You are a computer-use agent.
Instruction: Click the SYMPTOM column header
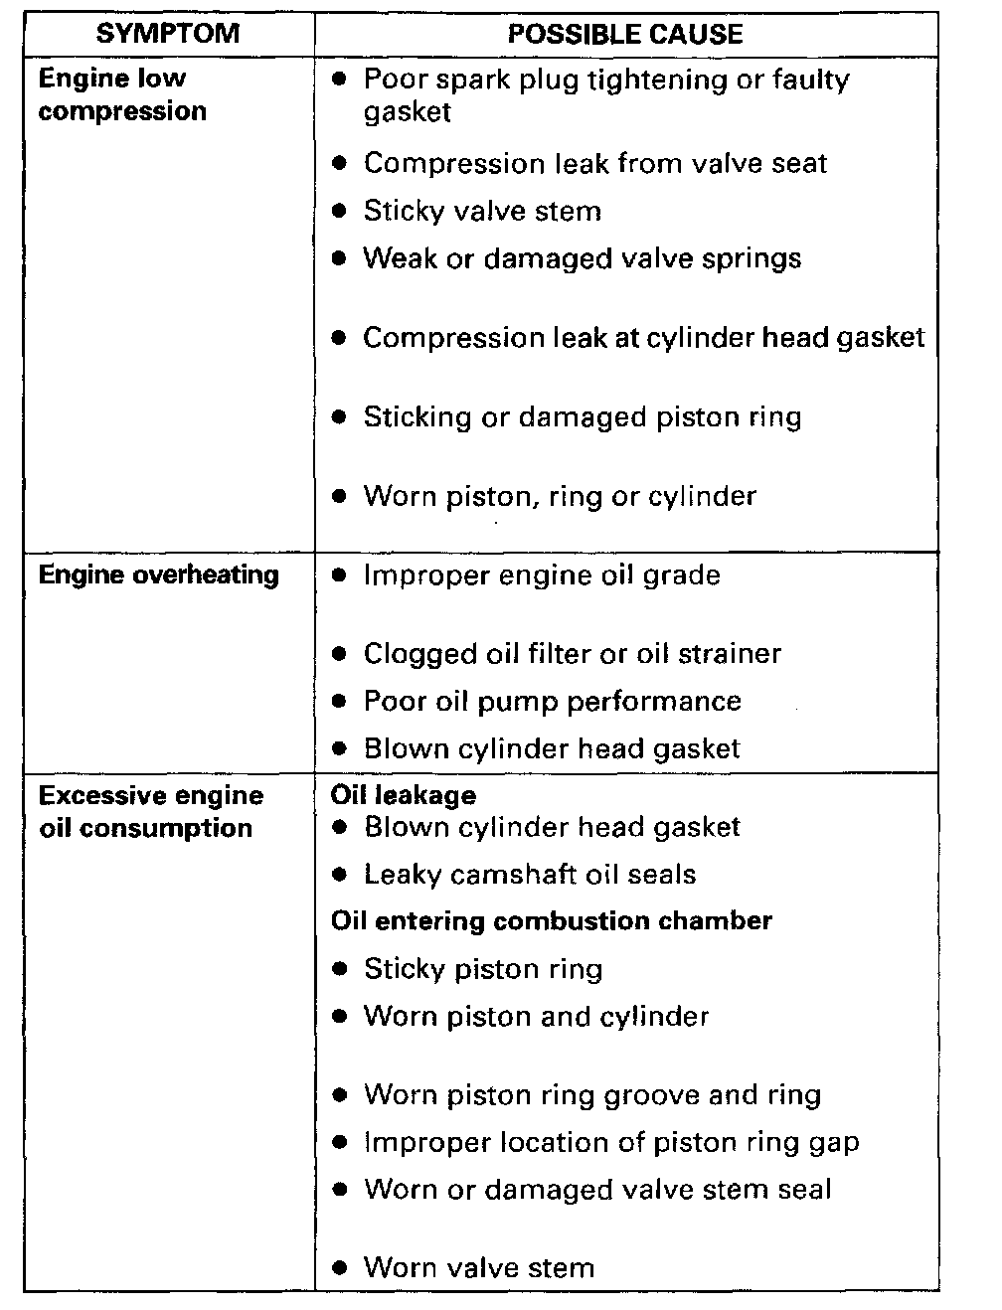pos(168,34)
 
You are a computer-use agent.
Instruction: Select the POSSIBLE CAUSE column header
pos(625,35)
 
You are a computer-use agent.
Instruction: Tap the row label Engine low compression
pos(122,94)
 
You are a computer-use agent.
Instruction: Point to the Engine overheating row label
pos(158,574)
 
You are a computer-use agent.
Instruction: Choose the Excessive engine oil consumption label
pos(150,812)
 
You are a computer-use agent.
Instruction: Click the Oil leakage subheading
pos(403,795)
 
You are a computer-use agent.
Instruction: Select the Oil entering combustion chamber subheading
pos(551,920)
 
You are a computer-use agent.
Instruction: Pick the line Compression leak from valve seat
pos(594,163)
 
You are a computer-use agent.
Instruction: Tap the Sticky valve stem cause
pos(482,211)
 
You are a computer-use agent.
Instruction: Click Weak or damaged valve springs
pos(582,258)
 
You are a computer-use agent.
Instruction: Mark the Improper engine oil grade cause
pos(542,574)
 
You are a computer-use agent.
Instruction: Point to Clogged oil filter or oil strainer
pos(572,653)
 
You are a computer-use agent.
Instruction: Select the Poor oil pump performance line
pos(552,701)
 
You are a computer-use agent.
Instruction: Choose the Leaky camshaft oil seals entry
pos(530,875)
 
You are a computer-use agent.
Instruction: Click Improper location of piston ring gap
pos(611,1142)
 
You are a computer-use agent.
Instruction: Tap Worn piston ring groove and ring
pos(592,1095)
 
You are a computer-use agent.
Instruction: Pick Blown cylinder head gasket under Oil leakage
pos(552,827)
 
